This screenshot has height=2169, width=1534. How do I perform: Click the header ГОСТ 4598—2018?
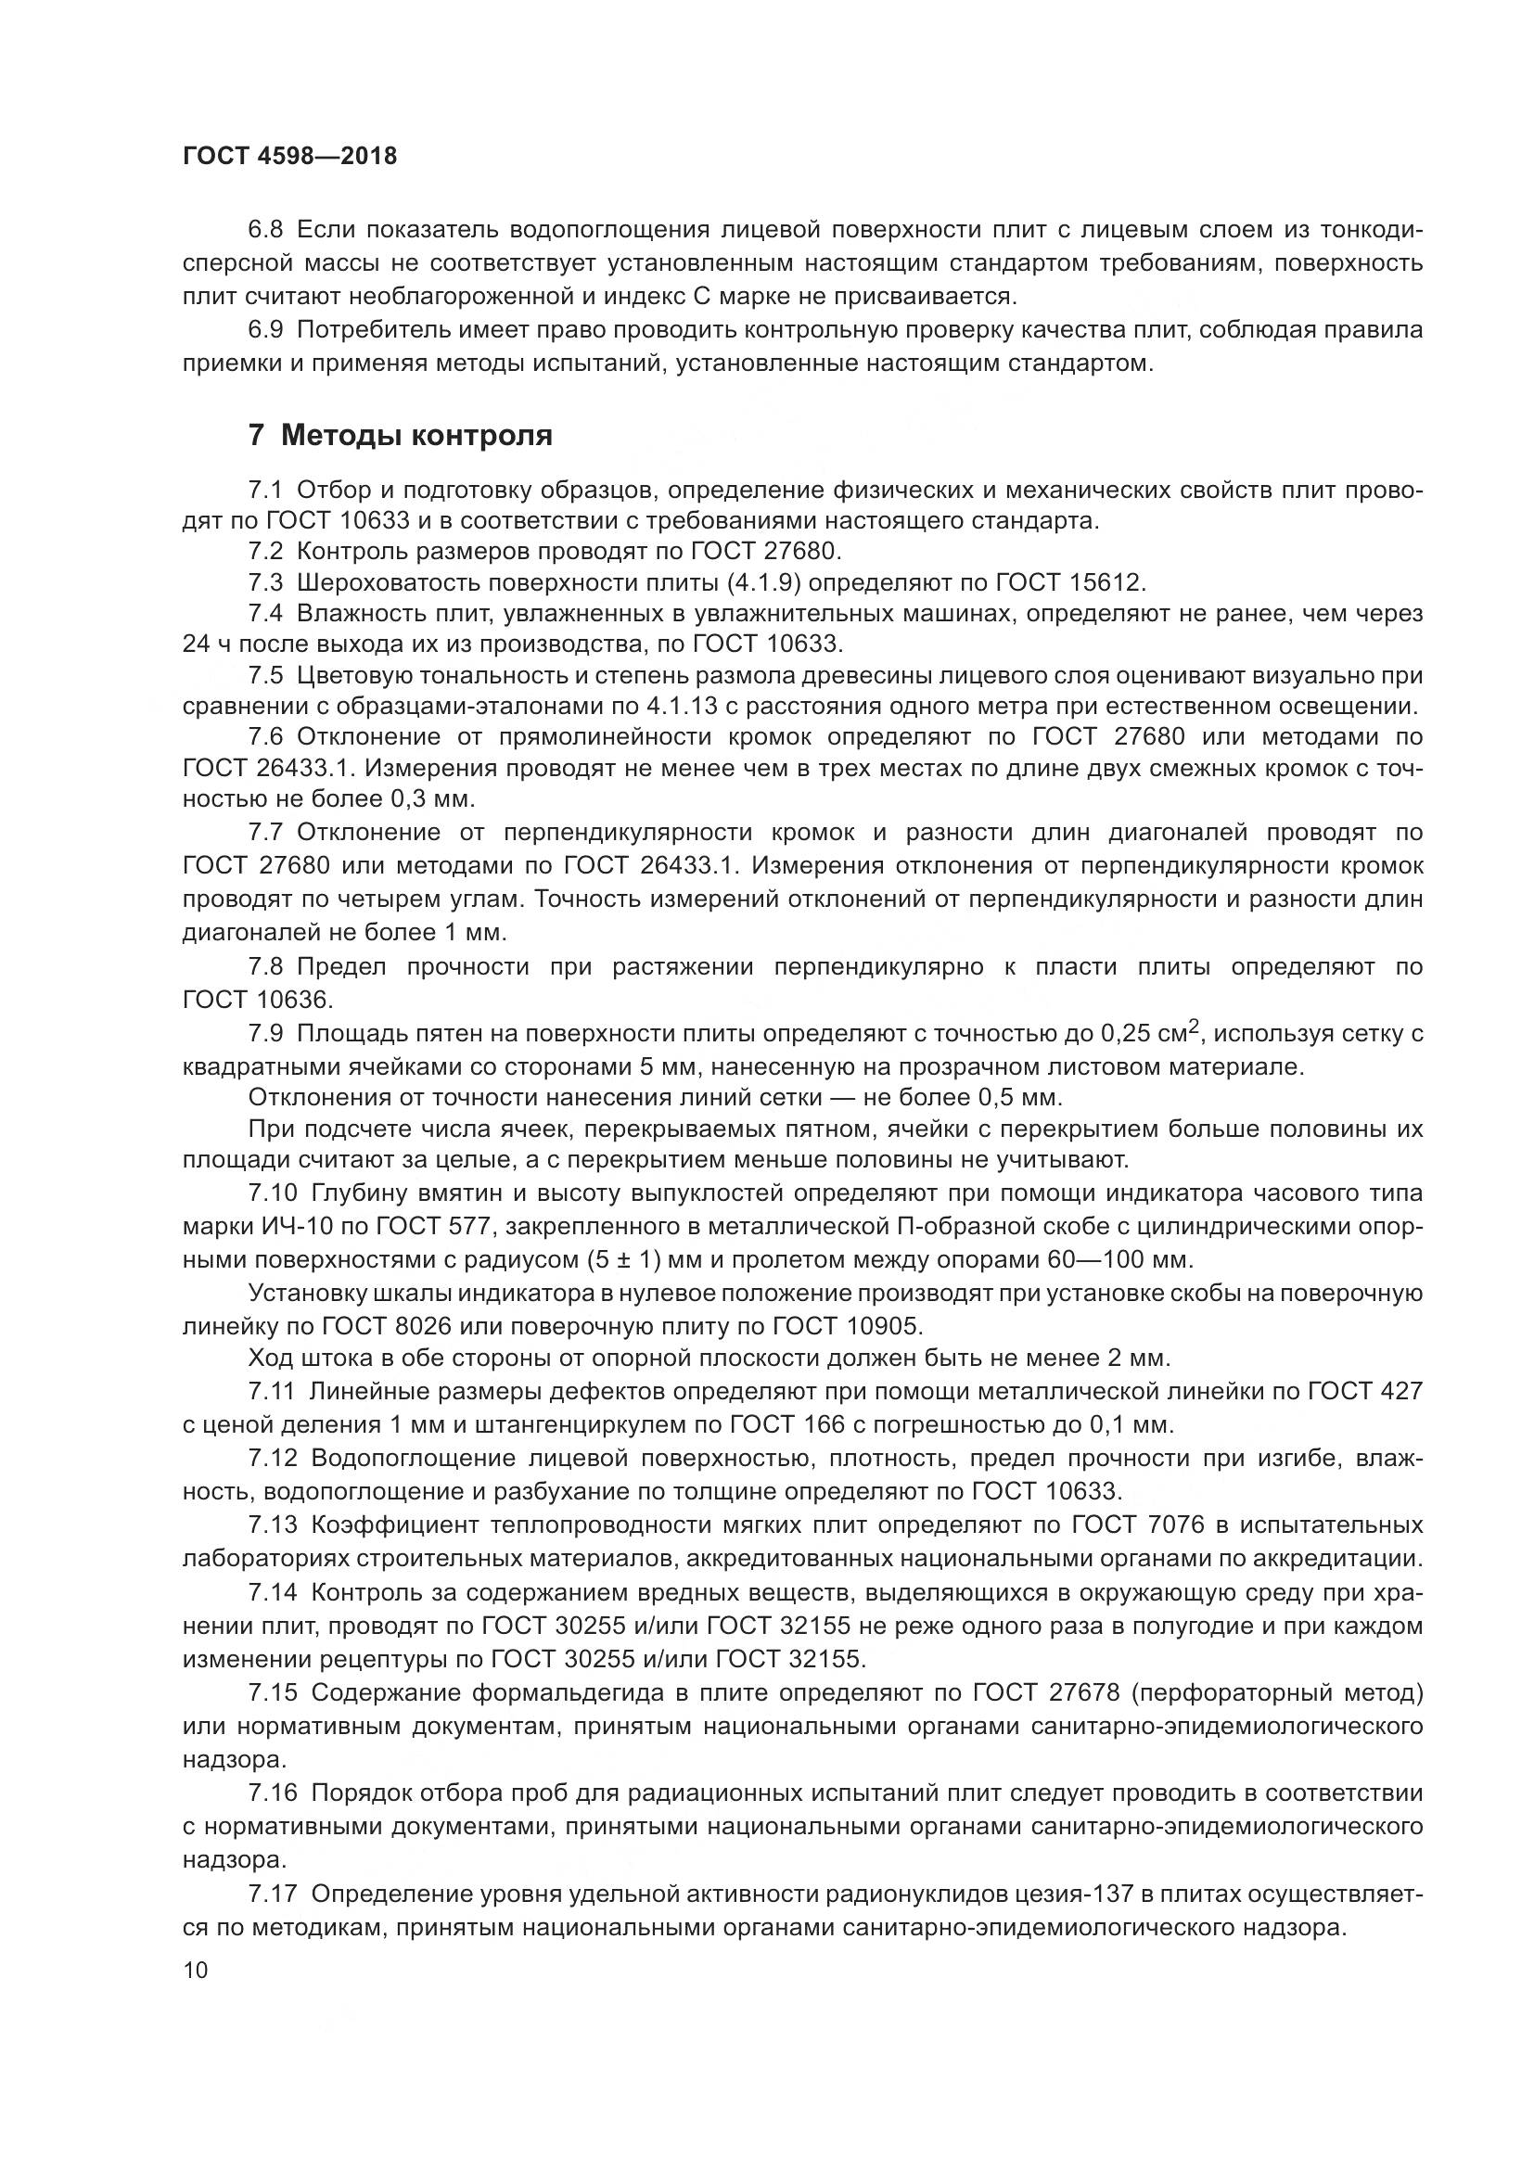click(289, 156)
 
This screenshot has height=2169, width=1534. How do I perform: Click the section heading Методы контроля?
click(416, 436)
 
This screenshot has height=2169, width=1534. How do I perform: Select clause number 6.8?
click(265, 230)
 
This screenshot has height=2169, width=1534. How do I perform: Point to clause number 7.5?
click(265, 675)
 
